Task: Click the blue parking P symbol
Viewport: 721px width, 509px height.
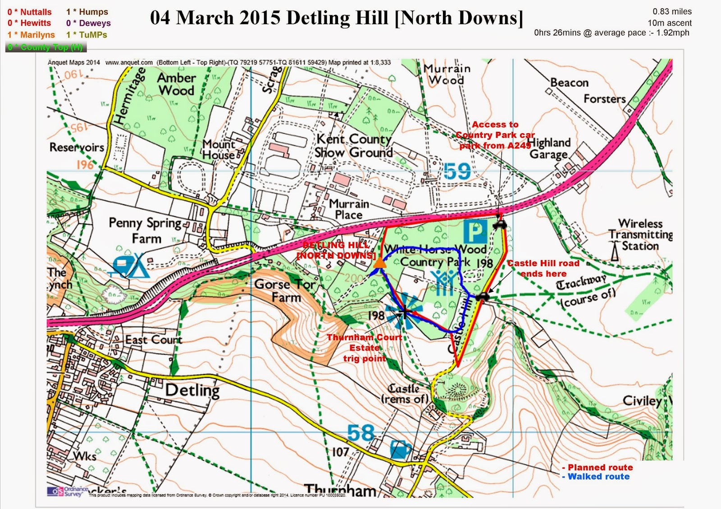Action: (475, 231)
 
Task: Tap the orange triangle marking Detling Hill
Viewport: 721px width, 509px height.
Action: (380, 263)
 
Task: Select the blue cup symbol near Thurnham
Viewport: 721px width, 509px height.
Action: (400, 450)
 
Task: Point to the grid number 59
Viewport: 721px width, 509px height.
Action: (457, 171)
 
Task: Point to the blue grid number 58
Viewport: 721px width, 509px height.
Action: (360, 433)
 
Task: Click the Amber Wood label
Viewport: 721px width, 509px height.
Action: (176, 84)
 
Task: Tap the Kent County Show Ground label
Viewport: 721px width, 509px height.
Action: (354, 145)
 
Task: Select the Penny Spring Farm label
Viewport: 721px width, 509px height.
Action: (146, 230)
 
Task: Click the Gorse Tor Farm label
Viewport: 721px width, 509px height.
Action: (285, 291)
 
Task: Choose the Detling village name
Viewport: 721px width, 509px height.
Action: (192, 390)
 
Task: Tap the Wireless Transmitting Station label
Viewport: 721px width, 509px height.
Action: (640, 234)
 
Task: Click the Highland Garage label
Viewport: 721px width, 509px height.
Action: (549, 149)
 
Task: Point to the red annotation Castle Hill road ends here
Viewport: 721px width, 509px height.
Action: (543, 268)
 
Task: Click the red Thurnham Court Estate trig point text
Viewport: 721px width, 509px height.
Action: (364, 348)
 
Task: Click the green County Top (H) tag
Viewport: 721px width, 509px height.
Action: (46, 47)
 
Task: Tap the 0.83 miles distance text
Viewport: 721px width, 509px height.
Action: (672, 12)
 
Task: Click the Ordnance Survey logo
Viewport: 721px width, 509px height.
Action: (68, 491)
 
